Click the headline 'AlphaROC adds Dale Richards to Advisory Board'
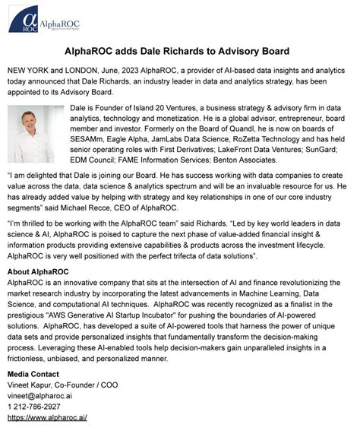[180, 52]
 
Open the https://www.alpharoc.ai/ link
[47, 417]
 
